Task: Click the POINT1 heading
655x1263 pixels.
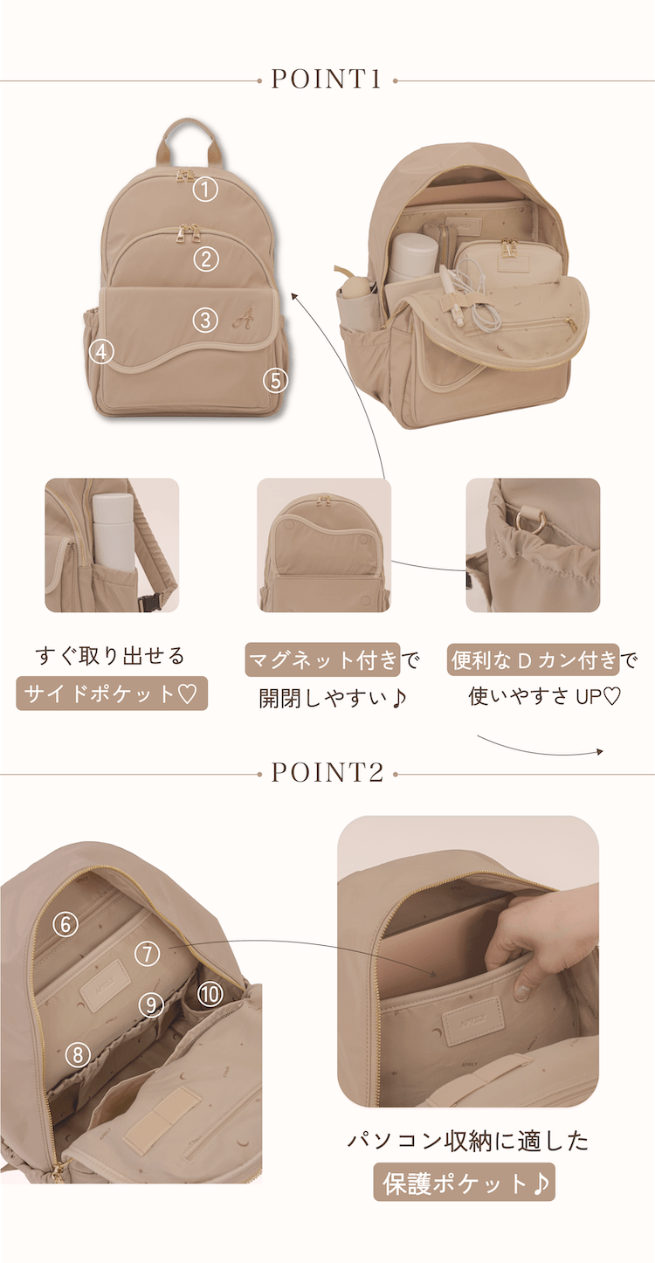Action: point(327,79)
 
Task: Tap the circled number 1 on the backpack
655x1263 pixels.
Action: point(206,190)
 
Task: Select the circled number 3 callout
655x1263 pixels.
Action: point(206,320)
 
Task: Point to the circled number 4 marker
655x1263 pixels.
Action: point(101,352)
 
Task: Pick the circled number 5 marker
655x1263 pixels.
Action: point(276,381)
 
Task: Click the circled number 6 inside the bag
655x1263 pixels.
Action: point(65,924)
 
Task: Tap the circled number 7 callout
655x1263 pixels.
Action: point(148,953)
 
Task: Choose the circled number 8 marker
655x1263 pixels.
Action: point(78,1054)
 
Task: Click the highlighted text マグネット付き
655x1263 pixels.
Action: point(323,659)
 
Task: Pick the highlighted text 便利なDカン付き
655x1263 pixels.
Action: point(534,659)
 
